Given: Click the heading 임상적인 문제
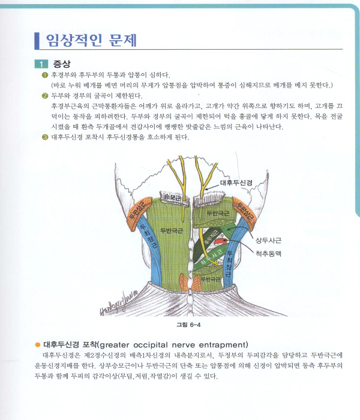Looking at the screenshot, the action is click(91, 40).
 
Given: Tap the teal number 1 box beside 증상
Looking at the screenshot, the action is click(41, 64).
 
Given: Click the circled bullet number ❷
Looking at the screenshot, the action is click(45, 95).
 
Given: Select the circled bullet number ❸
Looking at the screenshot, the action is click(45, 137).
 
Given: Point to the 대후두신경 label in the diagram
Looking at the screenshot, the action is click(236, 182).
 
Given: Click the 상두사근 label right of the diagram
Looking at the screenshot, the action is click(268, 240).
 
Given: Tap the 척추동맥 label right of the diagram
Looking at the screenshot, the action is click(268, 253).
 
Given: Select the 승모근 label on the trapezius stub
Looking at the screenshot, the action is click(172, 197).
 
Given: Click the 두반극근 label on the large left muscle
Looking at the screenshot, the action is click(172, 230).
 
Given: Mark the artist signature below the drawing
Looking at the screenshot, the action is click(119, 304).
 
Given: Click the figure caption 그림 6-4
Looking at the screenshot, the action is click(188, 325).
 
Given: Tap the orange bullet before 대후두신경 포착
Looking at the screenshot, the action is click(38, 345).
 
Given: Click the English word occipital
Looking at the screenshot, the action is click(151, 345).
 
